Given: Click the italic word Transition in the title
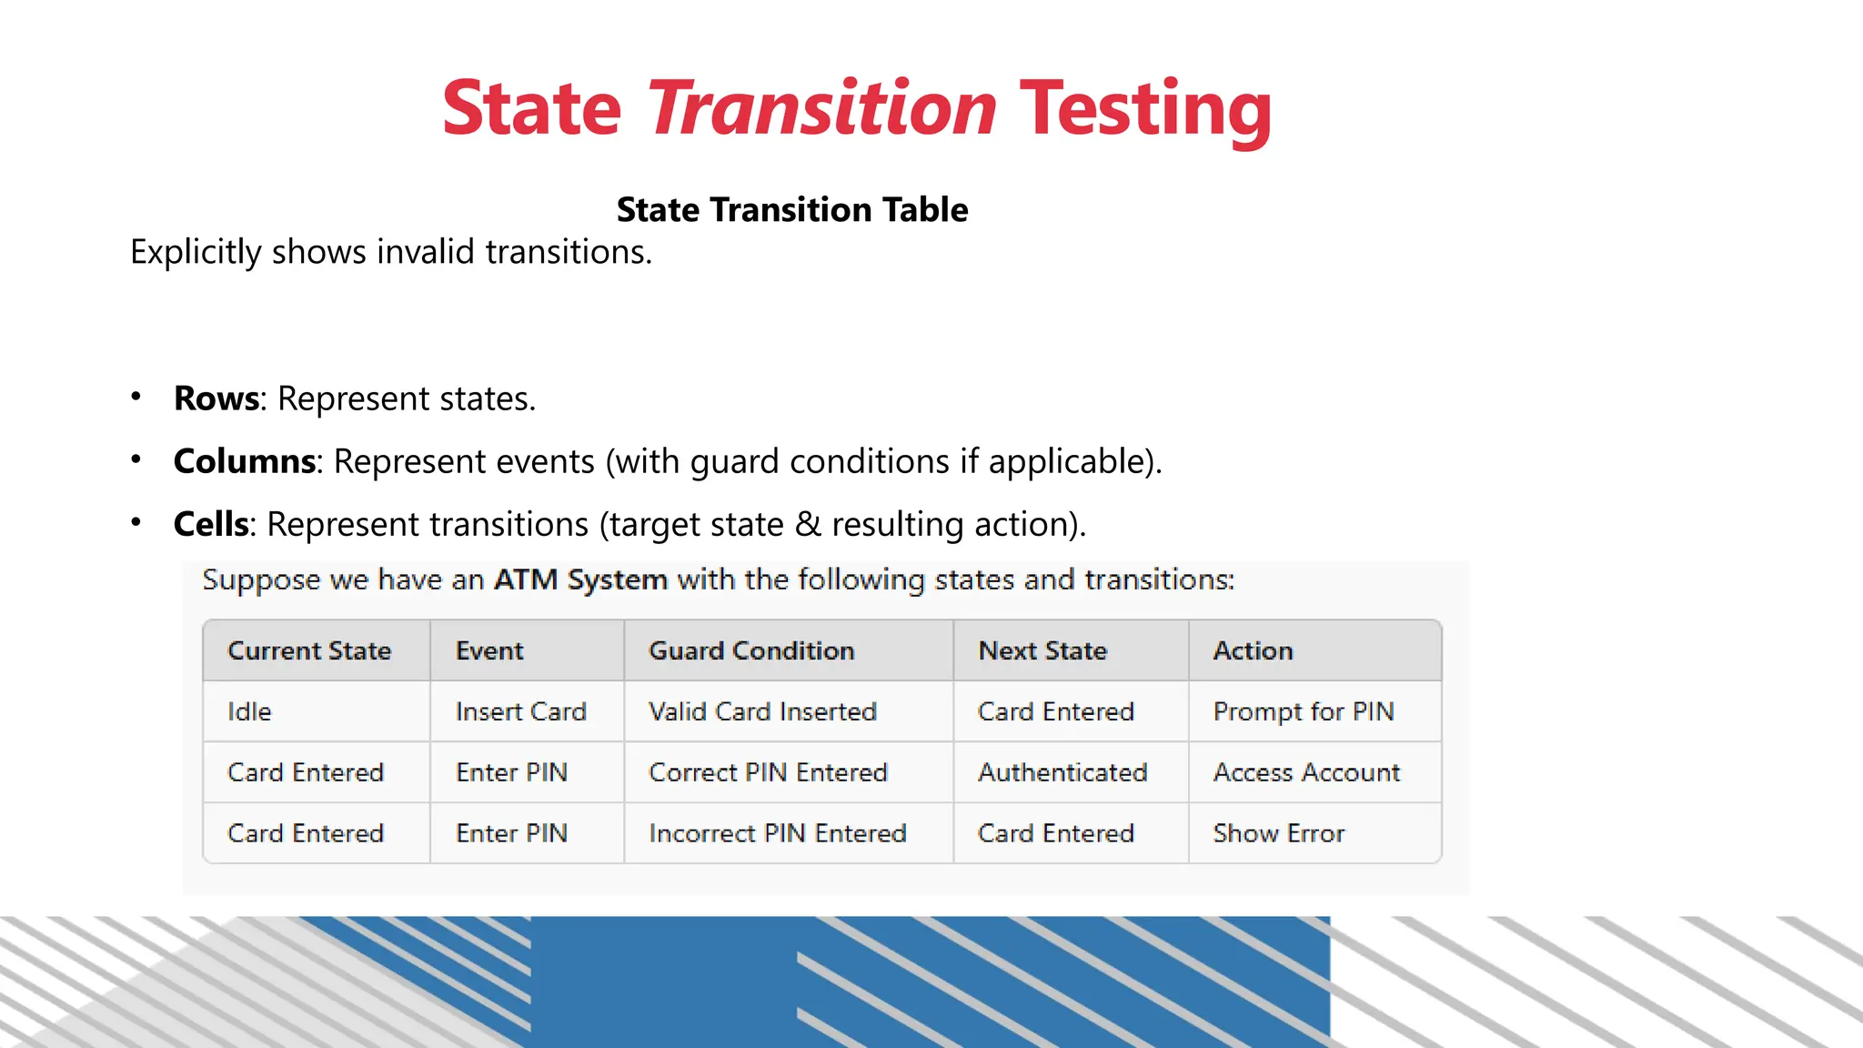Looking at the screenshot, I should (821, 109).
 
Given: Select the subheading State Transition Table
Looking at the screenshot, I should (791, 210).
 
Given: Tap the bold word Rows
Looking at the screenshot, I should (217, 398).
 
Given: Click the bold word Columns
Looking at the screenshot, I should (245, 461).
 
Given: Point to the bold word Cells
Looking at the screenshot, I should (211, 524).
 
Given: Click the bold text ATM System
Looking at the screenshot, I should (580, 579).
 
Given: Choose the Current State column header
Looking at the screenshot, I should (309, 650).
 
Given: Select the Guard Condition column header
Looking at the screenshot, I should (751, 650).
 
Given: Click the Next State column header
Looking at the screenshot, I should (1042, 650).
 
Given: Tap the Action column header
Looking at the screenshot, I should (1253, 650).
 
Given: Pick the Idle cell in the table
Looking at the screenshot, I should (249, 711).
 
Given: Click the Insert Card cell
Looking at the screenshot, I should (520, 711).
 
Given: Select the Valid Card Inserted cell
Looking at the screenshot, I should (762, 711).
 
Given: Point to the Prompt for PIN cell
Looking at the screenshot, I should (1303, 711).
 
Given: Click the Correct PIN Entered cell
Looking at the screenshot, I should (768, 772).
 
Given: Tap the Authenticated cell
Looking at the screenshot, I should (1062, 772).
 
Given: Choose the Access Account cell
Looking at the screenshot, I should (1306, 772).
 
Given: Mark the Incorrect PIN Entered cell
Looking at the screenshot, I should (778, 833).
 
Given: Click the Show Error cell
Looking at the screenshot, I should (1278, 833).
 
